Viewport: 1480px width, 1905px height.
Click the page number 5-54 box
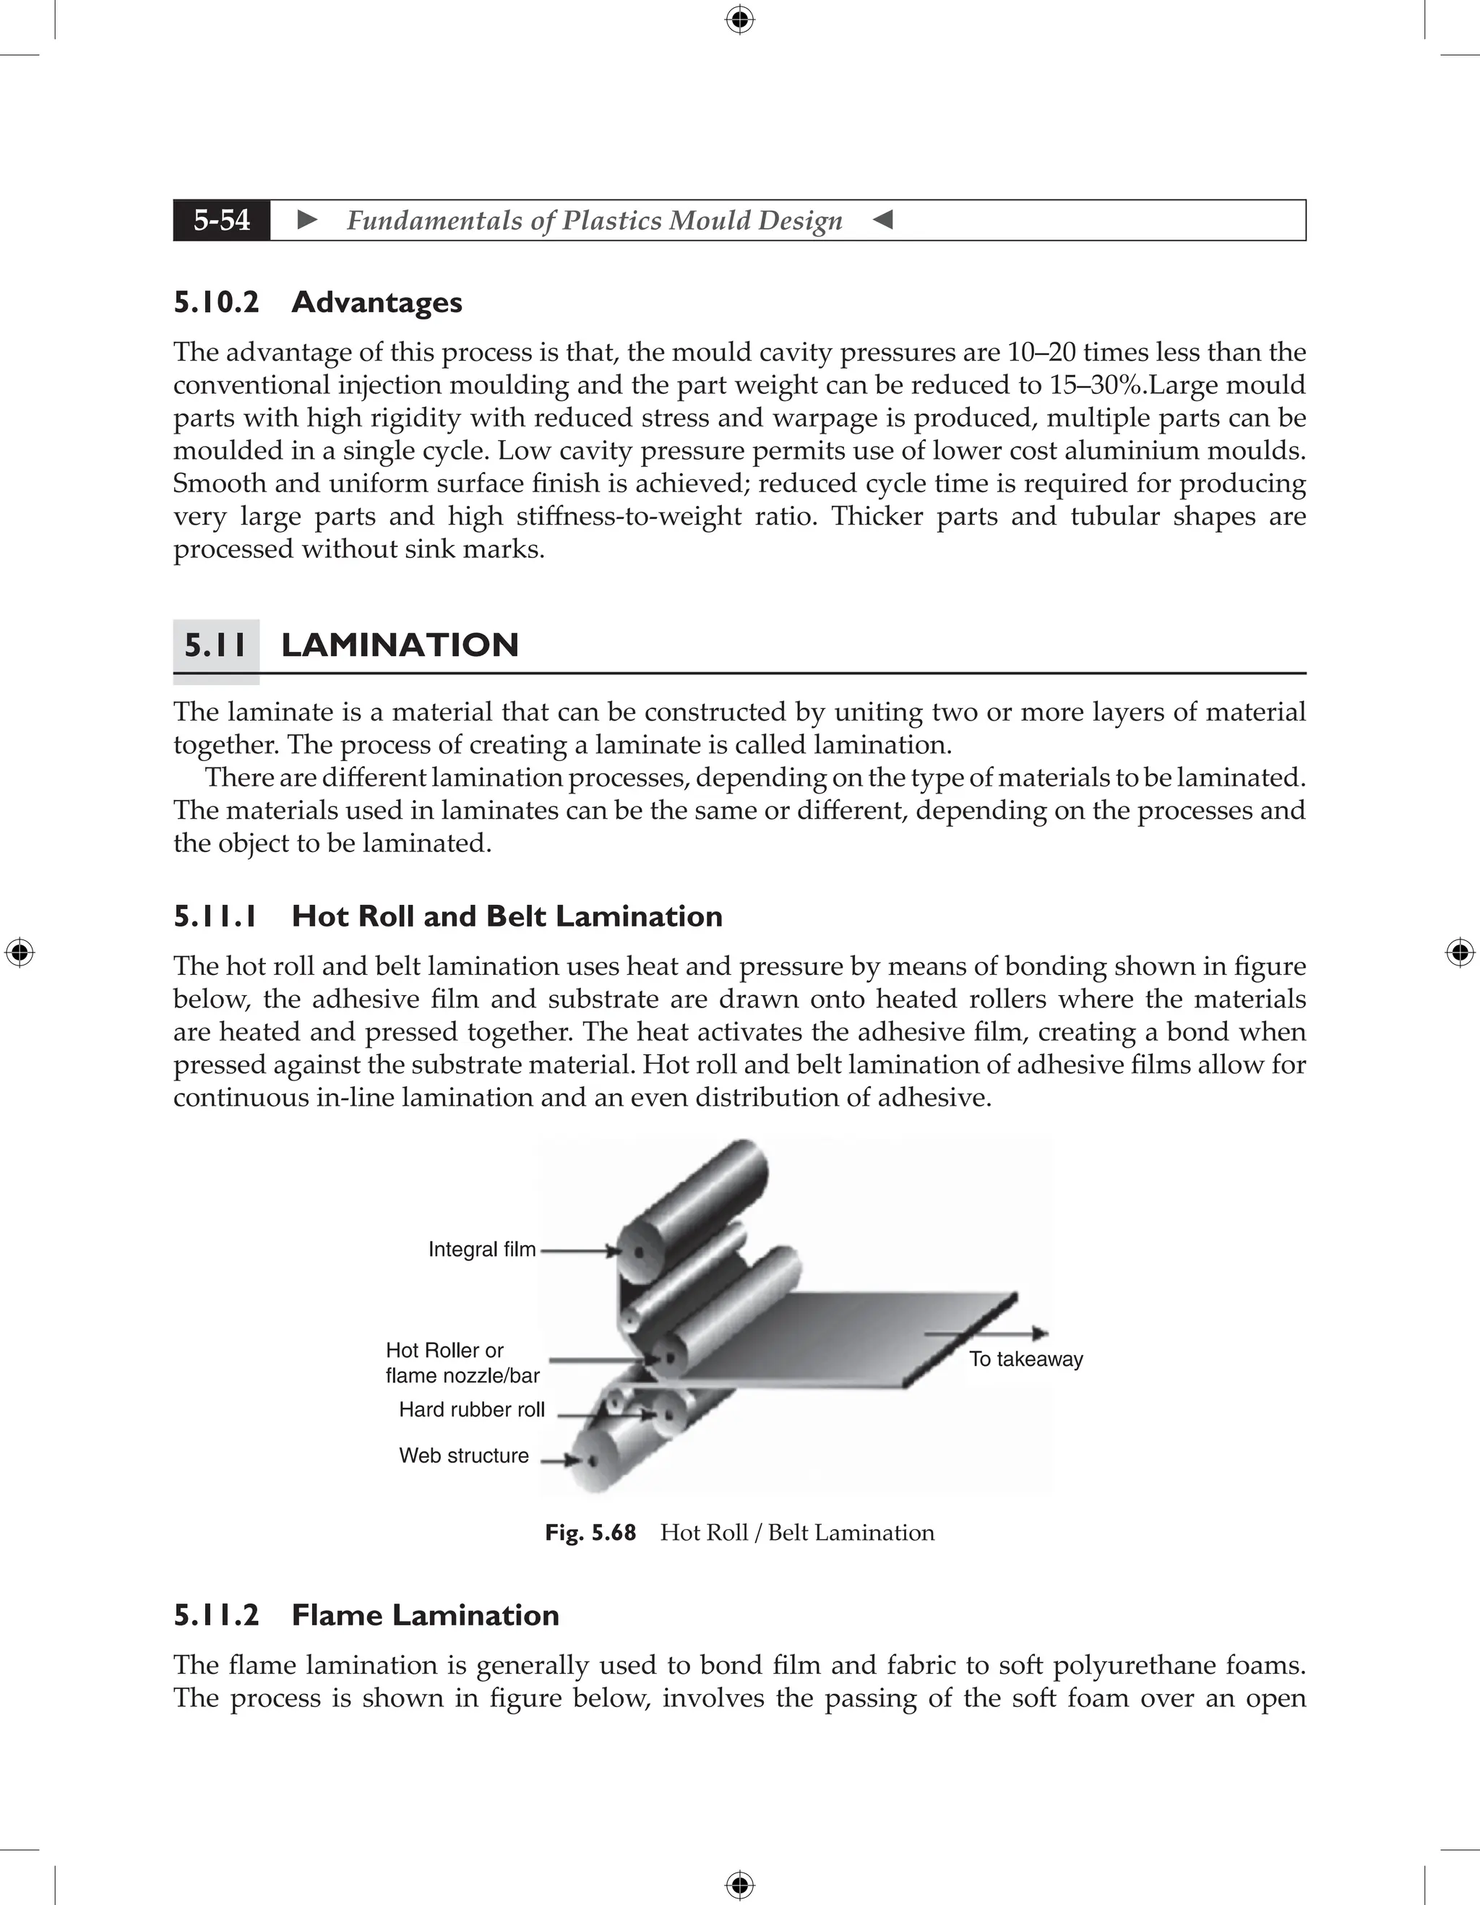(222, 220)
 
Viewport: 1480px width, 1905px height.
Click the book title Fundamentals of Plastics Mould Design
(594, 220)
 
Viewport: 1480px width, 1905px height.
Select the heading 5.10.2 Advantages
(317, 303)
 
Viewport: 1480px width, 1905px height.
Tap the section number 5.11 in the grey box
(215, 645)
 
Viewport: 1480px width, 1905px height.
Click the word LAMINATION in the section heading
(400, 645)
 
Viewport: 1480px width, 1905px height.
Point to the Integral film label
(481, 1249)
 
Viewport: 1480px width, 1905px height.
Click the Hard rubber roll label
(471, 1409)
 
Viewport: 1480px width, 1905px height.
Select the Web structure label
(463, 1455)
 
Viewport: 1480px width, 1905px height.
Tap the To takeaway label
(1025, 1359)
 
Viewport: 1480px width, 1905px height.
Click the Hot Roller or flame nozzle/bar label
(462, 1362)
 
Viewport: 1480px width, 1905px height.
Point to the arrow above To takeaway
(986, 1333)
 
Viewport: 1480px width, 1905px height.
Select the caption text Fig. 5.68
(590, 1533)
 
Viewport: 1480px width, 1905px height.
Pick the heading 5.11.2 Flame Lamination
(366, 1614)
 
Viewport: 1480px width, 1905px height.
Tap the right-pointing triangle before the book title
(307, 220)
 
